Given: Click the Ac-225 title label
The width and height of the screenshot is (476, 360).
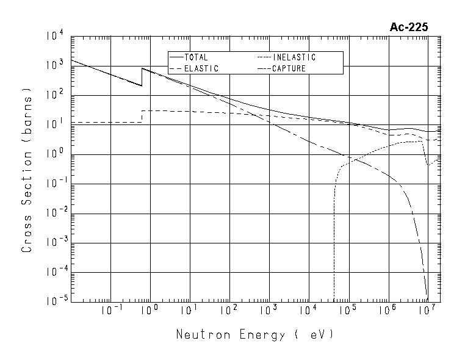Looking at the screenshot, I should point(408,27).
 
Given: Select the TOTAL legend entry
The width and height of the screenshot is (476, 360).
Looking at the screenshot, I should point(195,57).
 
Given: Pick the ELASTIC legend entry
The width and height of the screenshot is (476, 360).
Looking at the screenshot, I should point(201,69).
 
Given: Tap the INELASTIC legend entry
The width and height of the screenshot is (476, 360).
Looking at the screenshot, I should point(294,57).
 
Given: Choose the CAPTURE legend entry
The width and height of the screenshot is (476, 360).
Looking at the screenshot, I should point(289,69).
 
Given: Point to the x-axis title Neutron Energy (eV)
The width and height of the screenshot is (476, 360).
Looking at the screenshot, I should point(255,335).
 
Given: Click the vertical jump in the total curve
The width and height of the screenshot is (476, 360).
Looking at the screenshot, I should point(142,77).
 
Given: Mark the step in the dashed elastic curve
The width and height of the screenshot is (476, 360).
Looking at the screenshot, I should point(142,116).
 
